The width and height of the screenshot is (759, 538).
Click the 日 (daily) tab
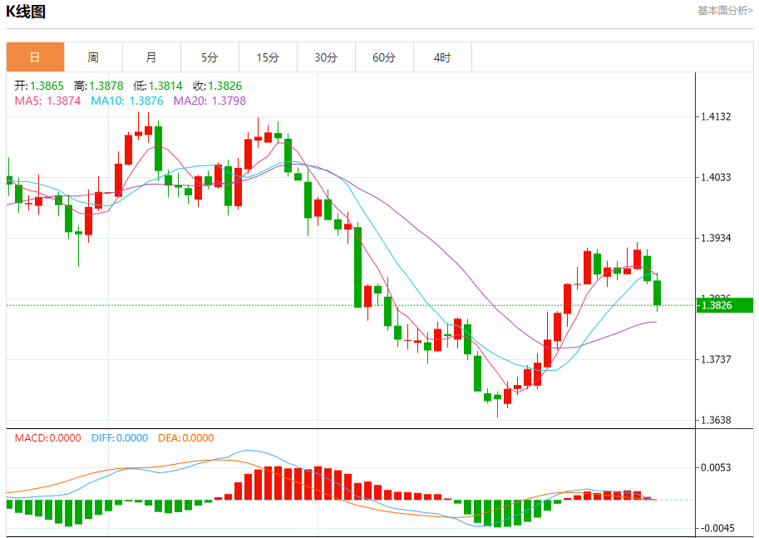[x=35, y=57]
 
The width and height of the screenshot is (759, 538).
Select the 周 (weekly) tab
[x=93, y=57]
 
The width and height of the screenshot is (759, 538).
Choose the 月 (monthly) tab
[x=151, y=57]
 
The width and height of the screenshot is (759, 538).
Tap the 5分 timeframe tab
[x=209, y=57]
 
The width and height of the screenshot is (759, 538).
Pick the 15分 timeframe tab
[x=268, y=57]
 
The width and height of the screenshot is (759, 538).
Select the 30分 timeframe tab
[x=326, y=57]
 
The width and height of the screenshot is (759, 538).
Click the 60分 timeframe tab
[x=384, y=57]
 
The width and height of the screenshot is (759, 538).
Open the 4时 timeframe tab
[x=442, y=57]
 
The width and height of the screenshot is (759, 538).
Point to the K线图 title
[x=26, y=12]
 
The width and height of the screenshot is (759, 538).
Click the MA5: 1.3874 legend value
[x=48, y=101]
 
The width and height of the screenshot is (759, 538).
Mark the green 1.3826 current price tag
[x=725, y=305]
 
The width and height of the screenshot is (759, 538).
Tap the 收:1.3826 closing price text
[x=218, y=86]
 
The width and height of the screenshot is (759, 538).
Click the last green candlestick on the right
[x=658, y=293]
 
